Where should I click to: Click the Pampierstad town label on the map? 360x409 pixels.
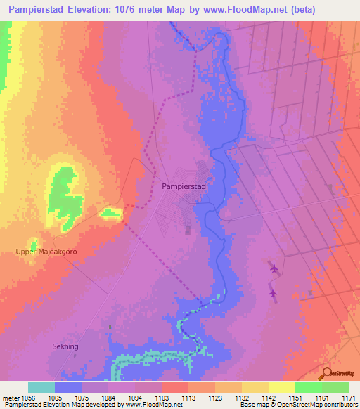[x=184, y=187]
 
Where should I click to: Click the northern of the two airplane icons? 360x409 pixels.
[x=274, y=268]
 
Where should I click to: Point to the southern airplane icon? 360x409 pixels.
[x=273, y=293]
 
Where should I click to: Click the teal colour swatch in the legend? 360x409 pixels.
[x=41, y=387]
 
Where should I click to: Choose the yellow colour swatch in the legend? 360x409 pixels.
[x=282, y=387]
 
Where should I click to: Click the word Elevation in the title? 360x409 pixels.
[x=103, y=10]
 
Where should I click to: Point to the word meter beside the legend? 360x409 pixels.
[x=11, y=397]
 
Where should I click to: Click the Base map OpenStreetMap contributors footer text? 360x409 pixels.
[x=298, y=405]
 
